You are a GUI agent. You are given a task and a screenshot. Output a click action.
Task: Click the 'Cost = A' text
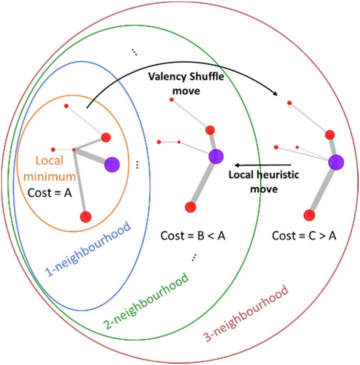pos(49,192)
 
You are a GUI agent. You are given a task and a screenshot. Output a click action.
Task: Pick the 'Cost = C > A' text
pos(304,236)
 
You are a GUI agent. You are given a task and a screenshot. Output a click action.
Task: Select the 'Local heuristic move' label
pos(264,182)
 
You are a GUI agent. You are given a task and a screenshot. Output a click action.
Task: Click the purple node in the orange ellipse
pos(112,164)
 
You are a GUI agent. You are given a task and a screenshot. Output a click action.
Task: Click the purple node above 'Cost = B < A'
pos(216,156)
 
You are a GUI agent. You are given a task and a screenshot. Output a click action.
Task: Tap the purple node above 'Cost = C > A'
pos(335,162)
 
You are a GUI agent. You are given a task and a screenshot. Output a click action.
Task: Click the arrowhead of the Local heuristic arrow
pos(235,165)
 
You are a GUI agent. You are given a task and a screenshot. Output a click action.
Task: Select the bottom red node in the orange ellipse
pos(86,216)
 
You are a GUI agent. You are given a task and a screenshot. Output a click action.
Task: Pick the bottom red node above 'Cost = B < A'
pos(190,206)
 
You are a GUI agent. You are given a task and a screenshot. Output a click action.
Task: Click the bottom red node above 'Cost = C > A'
pos(309,214)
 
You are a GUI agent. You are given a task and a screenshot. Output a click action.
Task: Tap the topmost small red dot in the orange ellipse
pos(66,106)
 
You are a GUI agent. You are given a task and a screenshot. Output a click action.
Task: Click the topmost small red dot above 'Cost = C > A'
pos(289,103)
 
